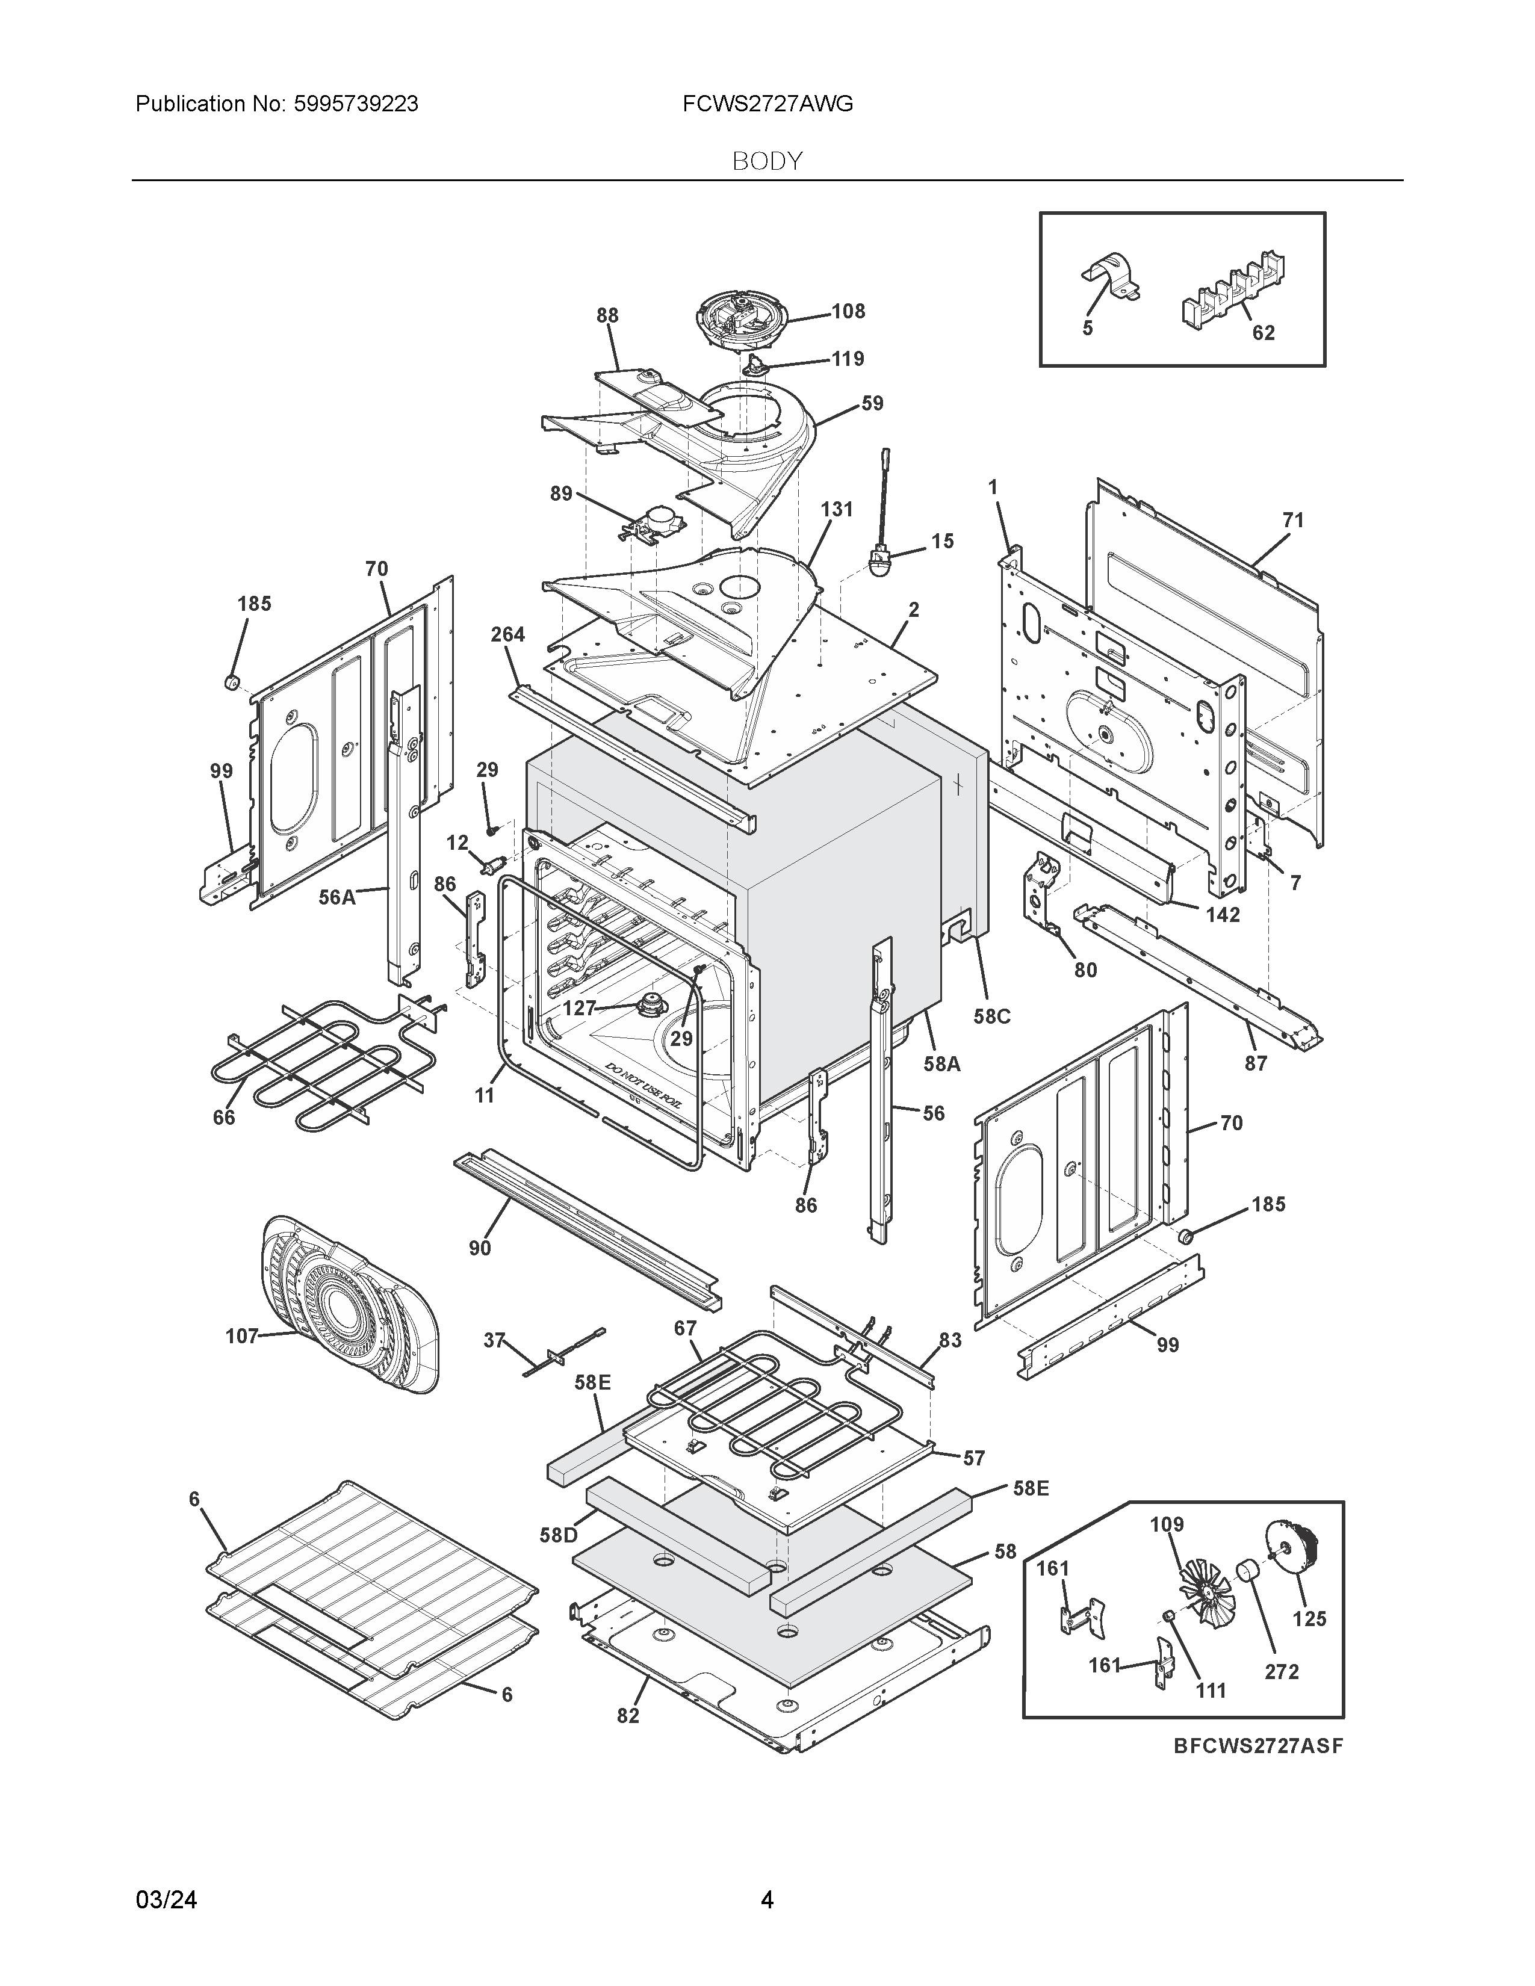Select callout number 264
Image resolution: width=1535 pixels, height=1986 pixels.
pyautogui.click(x=507, y=635)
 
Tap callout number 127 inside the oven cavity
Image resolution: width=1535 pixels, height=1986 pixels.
pyautogui.click(x=578, y=1007)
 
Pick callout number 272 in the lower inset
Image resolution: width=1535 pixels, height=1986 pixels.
pyautogui.click(x=1282, y=1671)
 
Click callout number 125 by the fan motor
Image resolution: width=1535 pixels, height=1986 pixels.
pyautogui.click(x=1309, y=1619)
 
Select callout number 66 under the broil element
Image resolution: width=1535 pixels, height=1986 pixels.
pyautogui.click(x=224, y=1118)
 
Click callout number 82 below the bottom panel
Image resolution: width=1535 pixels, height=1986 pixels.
pyautogui.click(x=627, y=1716)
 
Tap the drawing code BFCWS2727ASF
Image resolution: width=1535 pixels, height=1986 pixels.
pyautogui.click(x=1257, y=1746)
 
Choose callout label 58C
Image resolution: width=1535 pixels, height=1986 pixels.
pyautogui.click(x=992, y=1016)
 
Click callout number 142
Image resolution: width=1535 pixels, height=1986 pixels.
pyautogui.click(x=1223, y=915)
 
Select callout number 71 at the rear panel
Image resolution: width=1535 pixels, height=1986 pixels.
pyautogui.click(x=1292, y=520)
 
